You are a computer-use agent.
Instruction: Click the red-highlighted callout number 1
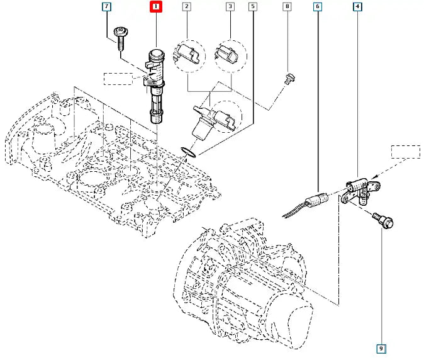click(155, 8)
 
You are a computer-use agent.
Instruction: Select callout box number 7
click(107, 8)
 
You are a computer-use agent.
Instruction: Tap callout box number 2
click(186, 8)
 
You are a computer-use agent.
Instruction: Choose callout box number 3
click(230, 8)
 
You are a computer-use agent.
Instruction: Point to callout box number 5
click(253, 8)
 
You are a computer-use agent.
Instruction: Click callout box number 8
click(287, 8)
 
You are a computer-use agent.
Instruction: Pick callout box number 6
click(318, 8)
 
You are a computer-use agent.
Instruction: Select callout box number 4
click(358, 8)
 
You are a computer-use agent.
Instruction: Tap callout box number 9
click(382, 347)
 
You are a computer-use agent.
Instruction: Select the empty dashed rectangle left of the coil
click(118, 78)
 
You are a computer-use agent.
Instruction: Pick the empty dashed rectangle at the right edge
click(405, 152)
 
